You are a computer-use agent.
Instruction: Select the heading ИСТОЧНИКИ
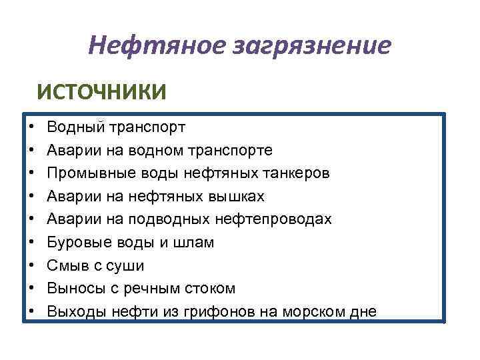pos(101,91)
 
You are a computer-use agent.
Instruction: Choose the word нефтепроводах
pos(274,219)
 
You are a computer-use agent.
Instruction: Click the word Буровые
pos(75,243)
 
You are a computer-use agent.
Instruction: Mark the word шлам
pos(196,243)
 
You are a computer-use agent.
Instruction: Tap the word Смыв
pos(65,265)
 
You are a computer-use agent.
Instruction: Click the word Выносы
pos(73,289)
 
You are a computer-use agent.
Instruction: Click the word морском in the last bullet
pos(312,311)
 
